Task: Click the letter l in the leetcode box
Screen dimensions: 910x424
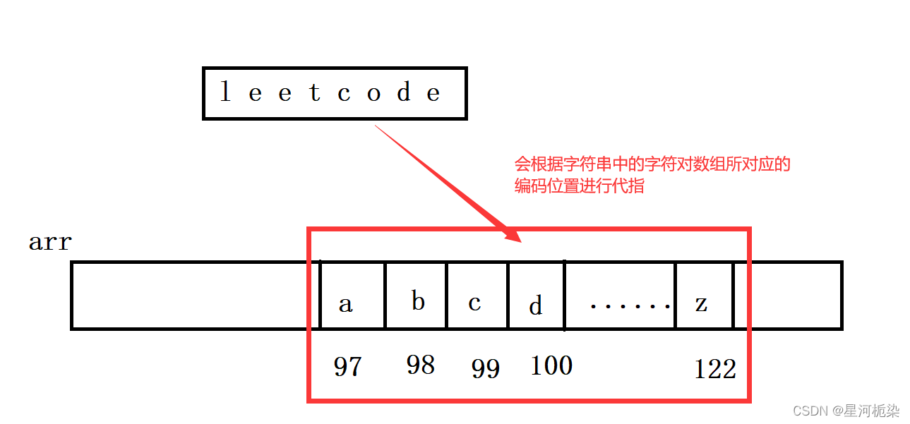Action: point(225,92)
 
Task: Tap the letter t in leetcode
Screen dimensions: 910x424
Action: point(315,92)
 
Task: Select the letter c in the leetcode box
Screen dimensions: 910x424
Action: point(345,93)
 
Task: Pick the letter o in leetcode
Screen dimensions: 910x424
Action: point(374,93)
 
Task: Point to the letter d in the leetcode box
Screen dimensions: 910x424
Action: point(404,92)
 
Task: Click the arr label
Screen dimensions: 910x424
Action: point(50,243)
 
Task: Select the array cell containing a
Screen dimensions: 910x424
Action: point(352,296)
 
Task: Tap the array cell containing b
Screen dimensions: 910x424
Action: point(416,296)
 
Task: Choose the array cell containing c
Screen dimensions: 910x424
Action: point(477,296)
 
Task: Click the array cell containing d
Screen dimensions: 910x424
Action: point(536,296)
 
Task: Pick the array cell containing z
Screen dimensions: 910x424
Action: point(704,296)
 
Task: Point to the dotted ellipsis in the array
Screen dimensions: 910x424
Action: point(630,305)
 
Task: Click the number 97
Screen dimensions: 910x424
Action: point(347,367)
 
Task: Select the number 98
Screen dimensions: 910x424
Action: point(420,365)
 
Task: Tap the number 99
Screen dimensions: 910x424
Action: point(486,368)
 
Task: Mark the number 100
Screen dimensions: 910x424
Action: point(551,365)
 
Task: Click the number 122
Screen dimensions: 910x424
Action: point(715,369)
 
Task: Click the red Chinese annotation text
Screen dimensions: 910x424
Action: point(652,176)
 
